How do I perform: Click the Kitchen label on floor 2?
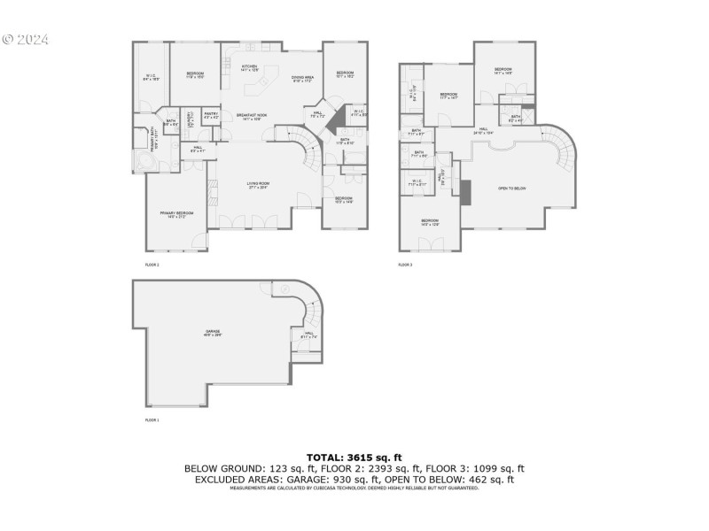click(x=249, y=68)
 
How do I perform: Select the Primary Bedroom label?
click(x=177, y=214)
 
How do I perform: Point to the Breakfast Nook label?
click(x=249, y=117)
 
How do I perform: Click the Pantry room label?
click(x=211, y=115)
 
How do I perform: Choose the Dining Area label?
click(x=304, y=79)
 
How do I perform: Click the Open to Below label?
click(x=511, y=189)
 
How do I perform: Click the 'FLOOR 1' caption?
click(x=152, y=419)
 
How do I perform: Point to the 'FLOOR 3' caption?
click(x=405, y=265)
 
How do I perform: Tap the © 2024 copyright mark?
click(x=26, y=40)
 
